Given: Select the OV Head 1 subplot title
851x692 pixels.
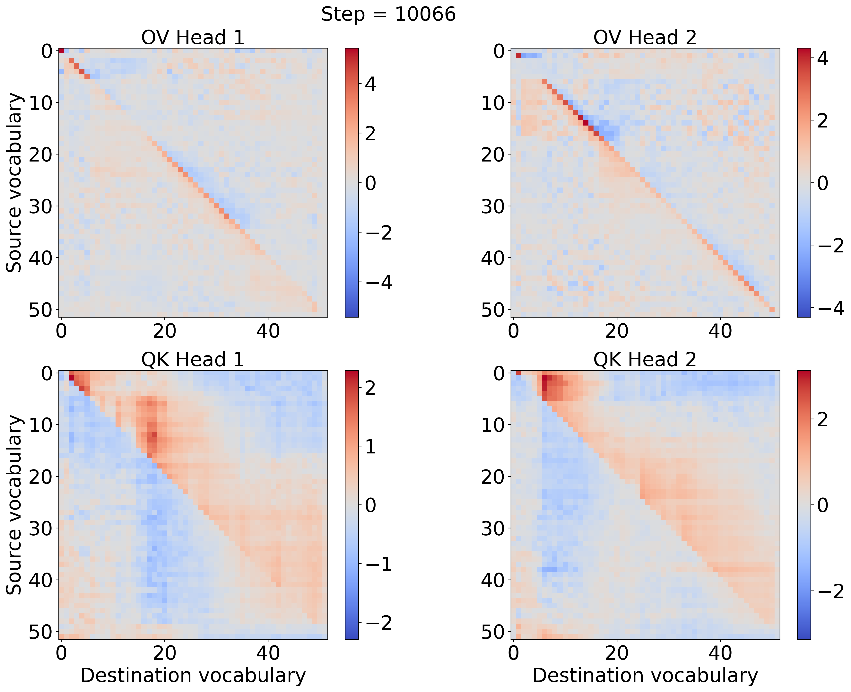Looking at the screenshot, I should click(x=193, y=38).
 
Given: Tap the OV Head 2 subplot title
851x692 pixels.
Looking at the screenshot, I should click(x=645, y=38).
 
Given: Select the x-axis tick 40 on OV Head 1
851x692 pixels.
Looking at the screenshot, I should click(x=268, y=331).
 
